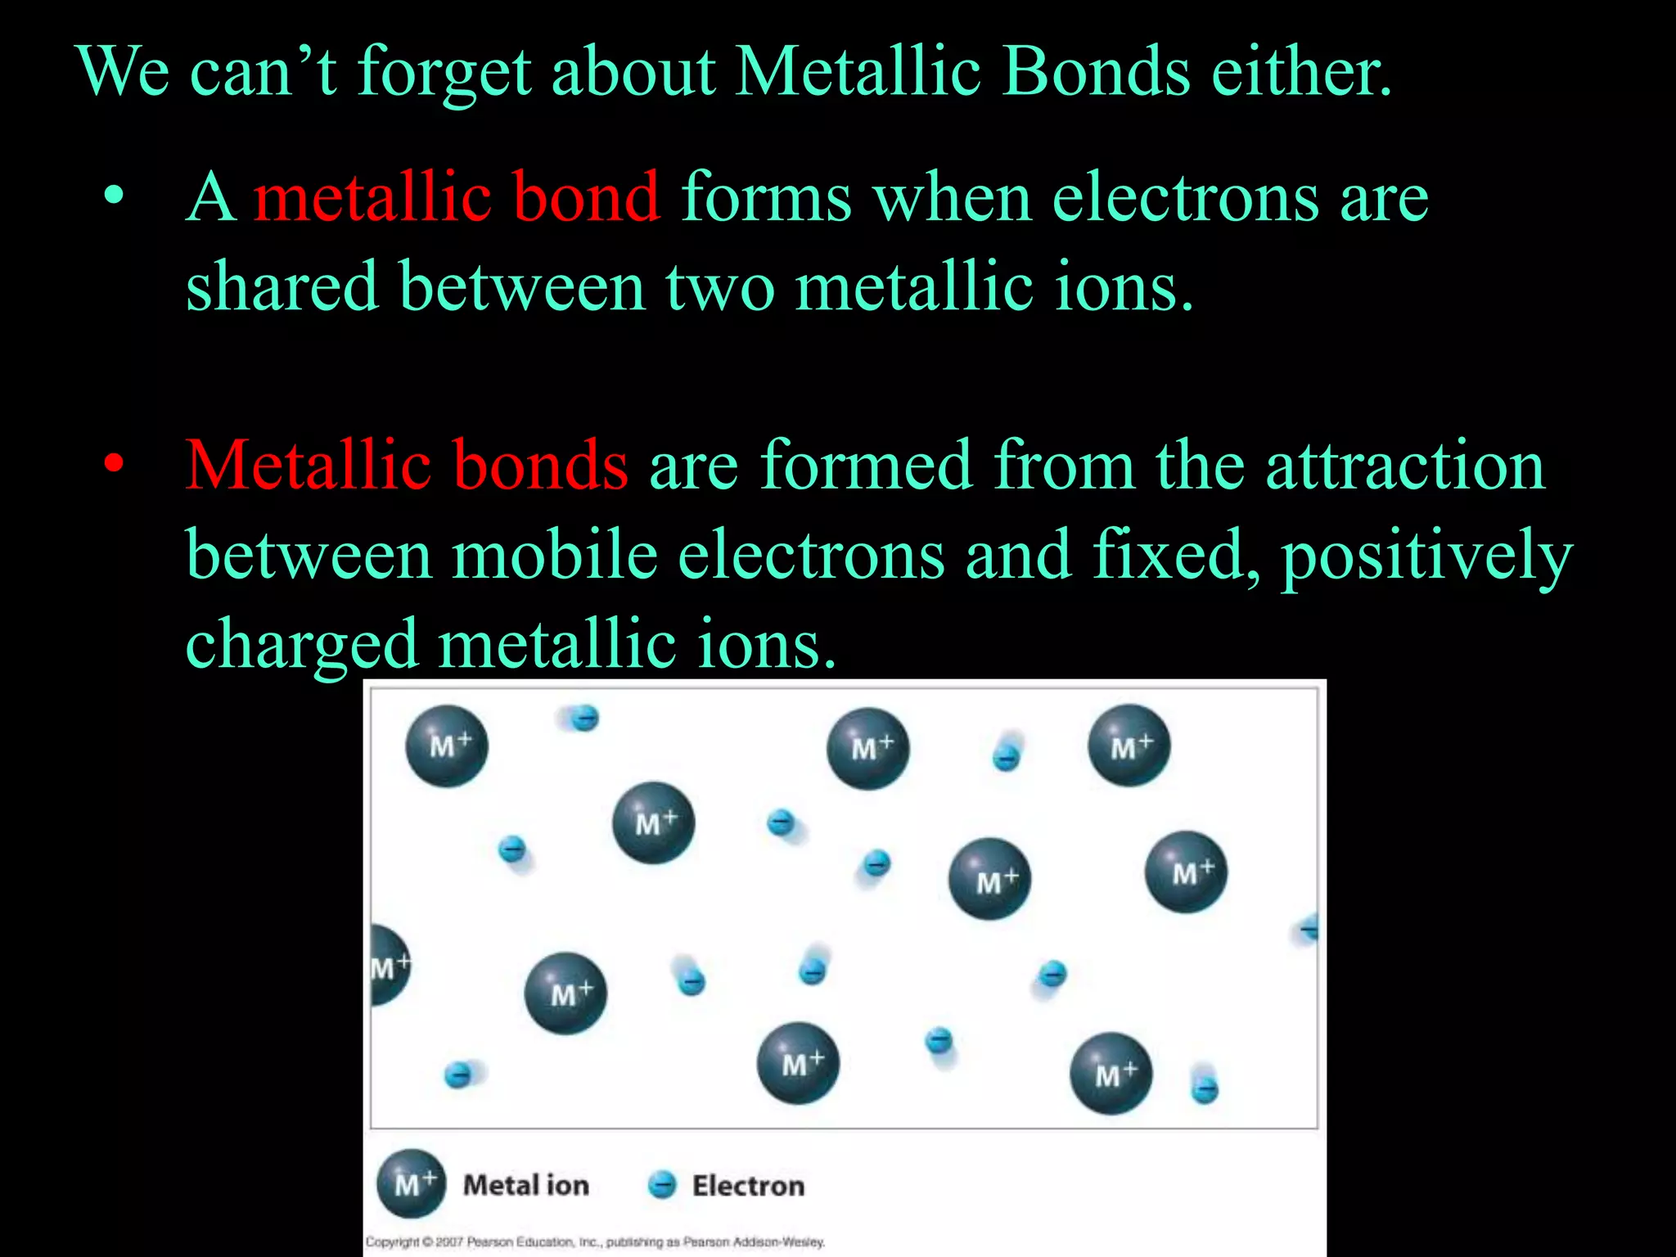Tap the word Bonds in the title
[1096, 72]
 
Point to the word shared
[282, 287]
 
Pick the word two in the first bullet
[719, 287]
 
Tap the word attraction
[1404, 466]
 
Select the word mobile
[555, 555]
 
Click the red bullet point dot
[115, 464]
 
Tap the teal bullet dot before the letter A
[115, 196]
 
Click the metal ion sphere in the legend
[412, 1183]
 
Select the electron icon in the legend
[662, 1184]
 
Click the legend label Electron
[748, 1186]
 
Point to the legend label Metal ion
[526, 1185]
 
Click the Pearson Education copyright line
[595, 1241]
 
